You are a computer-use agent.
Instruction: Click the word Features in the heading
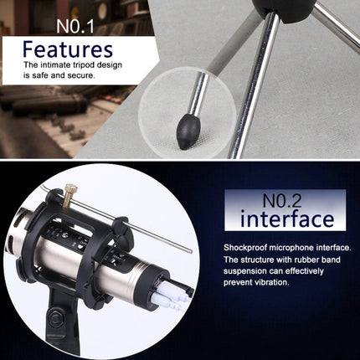(x=68, y=49)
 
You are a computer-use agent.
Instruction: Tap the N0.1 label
(x=75, y=26)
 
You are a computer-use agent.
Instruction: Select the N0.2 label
(x=282, y=200)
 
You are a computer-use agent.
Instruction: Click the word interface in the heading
(x=287, y=219)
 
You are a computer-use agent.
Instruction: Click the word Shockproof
(x=244, y=248)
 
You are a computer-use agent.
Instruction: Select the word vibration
(x=272, y=282)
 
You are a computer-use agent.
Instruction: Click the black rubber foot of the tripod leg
(x=188, y=131)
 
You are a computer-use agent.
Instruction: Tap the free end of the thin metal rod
(x=191, y=250)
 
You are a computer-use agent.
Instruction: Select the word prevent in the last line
(x=238, y=282)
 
